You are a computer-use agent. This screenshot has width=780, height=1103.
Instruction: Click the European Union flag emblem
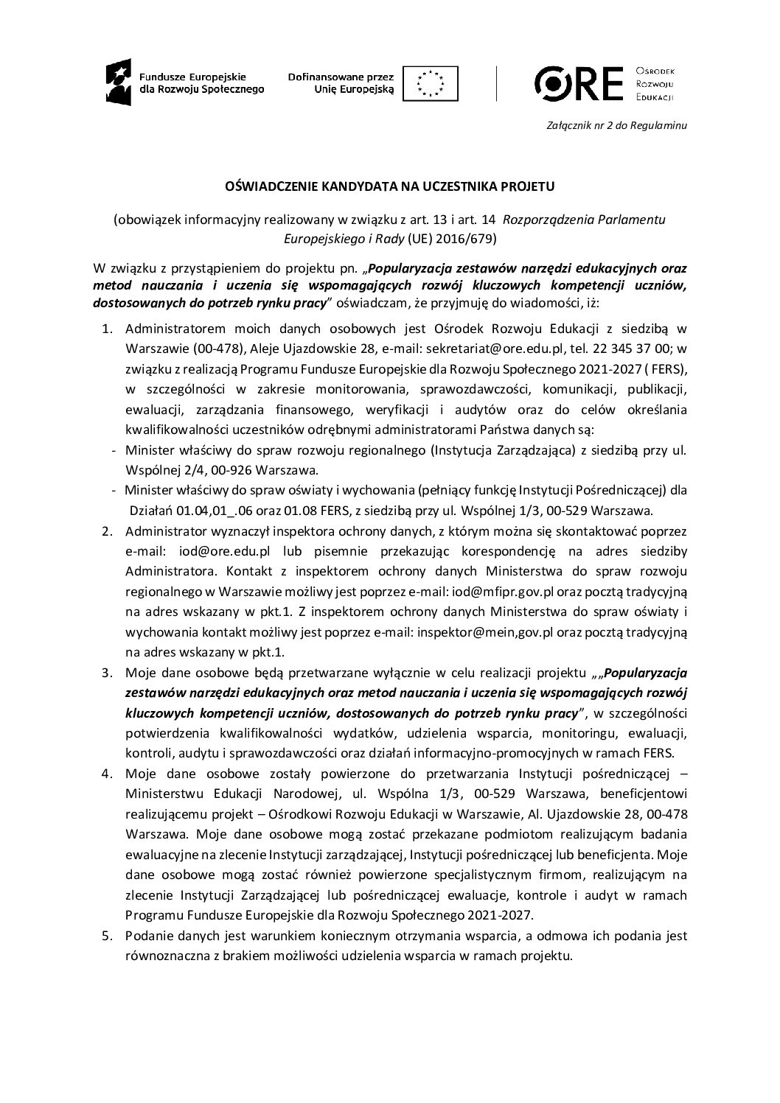435,82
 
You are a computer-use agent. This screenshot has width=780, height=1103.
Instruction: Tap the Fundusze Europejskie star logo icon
118,82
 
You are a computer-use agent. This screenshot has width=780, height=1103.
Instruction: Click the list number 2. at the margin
107,531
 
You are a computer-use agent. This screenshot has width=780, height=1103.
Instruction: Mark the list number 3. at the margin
107,672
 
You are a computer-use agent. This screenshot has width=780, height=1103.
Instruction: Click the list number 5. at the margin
107,936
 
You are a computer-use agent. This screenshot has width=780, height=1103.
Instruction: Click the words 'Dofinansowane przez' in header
341,76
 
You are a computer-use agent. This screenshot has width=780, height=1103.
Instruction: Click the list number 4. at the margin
107,774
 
